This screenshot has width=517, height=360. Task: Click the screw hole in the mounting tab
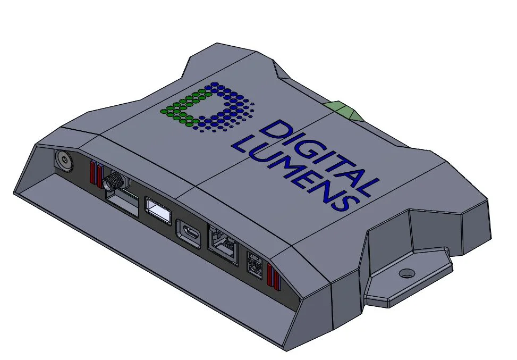(406, 273)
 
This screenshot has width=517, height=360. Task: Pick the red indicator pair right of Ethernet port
(273, 275)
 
